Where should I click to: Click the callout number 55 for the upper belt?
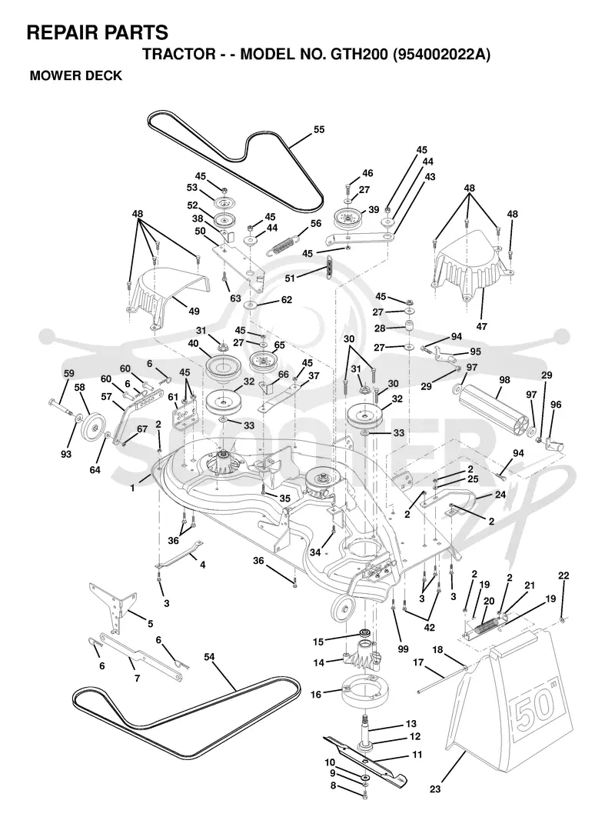click(319, 129)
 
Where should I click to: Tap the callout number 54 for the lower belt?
click(209, 657)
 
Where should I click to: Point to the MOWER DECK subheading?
click(76, 75)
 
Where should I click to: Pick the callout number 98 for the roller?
click(504, 380)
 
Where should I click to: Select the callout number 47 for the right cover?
click(482, 326)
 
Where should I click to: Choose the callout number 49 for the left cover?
click(194, 311)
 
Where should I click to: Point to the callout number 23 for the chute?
click(435, 789)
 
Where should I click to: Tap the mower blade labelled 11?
click(365, 759)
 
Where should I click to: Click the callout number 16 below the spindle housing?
click(316, 695)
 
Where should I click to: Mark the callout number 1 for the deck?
click(133, 489)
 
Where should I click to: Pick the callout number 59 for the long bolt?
click(69, 373)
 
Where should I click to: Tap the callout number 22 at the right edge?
click(563, 575)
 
